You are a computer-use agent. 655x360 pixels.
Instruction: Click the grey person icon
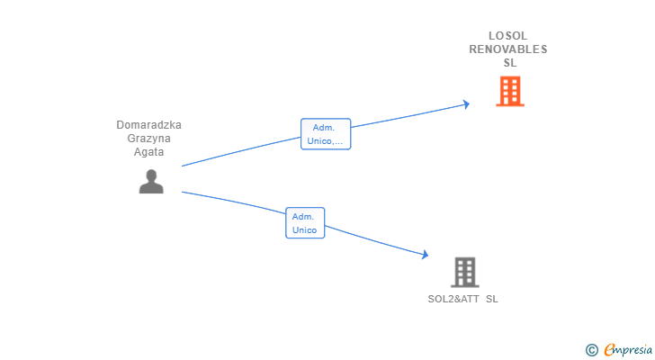point(151,181)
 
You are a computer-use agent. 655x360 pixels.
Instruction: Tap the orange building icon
point(510,91)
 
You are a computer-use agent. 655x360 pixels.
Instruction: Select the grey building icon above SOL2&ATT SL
point(465,273)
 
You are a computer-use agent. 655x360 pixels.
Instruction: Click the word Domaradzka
point(148,125)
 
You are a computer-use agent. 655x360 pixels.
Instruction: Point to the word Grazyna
point(148,139)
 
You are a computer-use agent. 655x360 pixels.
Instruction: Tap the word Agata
point(148,151)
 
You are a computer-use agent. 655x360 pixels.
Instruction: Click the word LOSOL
point(508,36)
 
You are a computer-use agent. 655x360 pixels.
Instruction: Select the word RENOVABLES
point(508,49)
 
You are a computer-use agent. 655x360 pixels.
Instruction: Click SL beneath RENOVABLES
point(510,63)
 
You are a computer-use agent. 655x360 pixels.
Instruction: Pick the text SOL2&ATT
point(453,299)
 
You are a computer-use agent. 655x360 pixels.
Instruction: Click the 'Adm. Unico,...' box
point(326,134)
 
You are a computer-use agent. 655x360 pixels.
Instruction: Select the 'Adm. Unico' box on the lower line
point(305,223)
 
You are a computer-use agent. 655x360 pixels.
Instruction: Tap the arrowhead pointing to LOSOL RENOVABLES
point(466,104)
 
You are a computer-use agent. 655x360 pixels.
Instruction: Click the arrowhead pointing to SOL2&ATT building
point(426,255)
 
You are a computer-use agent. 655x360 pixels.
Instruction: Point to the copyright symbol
point(591,350)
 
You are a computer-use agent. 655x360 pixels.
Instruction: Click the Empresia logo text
point(628,349)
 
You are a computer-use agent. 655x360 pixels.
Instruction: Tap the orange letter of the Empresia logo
point(609,349)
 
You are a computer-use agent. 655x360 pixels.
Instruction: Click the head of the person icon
point(151,175)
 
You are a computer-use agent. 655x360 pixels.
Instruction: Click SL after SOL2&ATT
point(491,299)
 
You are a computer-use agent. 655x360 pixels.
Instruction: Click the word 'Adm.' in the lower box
point(303,217)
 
